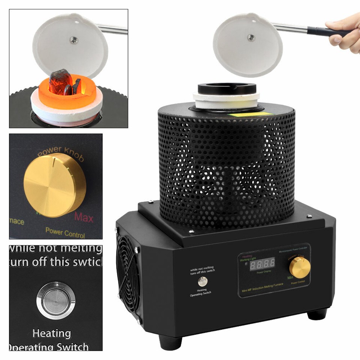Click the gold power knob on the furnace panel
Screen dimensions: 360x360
300,267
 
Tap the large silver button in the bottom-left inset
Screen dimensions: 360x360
56,300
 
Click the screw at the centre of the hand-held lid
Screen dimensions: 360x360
251,37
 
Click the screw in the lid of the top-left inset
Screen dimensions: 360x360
74,40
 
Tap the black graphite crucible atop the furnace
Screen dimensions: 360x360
227,89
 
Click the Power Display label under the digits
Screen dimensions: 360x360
264,273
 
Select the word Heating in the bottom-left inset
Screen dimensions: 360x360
51,333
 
